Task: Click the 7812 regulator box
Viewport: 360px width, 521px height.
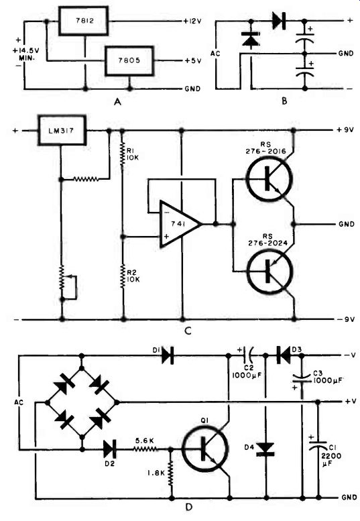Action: [84, 21]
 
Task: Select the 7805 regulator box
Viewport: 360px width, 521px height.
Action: [129, 61]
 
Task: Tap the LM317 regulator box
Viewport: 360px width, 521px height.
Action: [62, 130]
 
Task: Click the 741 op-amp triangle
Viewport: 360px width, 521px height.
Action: [180, 224]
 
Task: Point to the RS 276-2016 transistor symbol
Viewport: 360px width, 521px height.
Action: [269, 179]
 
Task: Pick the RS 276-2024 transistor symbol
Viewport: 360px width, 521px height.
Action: [269, 272]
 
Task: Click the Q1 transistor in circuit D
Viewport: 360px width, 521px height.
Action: [205, 449]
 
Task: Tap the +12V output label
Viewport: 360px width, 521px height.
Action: [192, 21]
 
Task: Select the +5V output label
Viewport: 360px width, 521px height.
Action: [193, 61]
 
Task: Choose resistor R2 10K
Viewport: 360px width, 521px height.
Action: [123, 276]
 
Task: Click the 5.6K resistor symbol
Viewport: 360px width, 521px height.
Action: [145, 449]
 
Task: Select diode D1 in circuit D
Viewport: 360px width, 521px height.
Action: [168, 355]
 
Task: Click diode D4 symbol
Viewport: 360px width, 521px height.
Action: [265, 449]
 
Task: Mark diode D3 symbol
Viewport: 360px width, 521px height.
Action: [283, 355]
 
